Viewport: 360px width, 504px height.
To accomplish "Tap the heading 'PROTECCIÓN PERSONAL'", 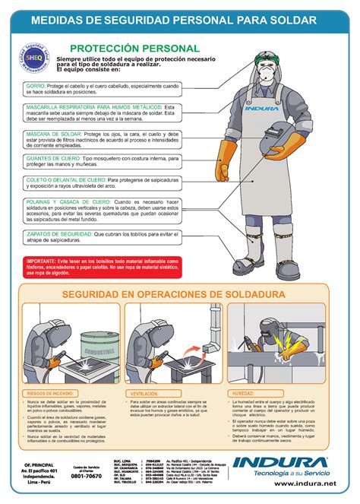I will click(x=144, y=49).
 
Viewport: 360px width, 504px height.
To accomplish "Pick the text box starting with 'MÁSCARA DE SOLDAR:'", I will click(x=102, y=141).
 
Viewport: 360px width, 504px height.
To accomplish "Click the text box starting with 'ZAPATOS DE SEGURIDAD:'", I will click(x=102, y=237).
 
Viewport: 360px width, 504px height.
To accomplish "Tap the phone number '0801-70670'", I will click(x=87, y=476).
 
